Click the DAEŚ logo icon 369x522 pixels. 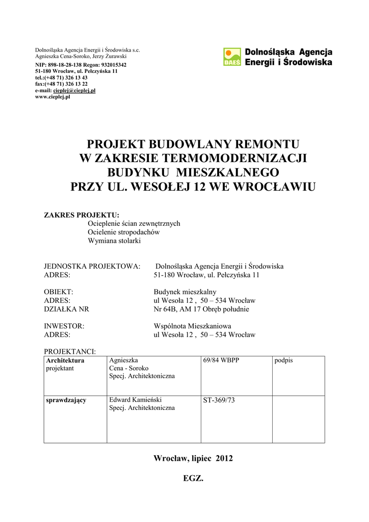[232, 57]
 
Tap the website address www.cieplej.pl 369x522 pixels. [52, 97]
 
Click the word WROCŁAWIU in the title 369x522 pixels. [271, 187]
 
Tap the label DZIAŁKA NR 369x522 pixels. [66, 309]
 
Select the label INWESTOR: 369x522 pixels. [64, 326]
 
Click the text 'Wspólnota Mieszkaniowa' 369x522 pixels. [193, 326]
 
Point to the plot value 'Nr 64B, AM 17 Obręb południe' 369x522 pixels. [201, 309]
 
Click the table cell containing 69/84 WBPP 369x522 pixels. [221, 360]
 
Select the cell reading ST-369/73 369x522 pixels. [219, 400]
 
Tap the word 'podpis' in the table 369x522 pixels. [283, 360]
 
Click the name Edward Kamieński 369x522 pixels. [135, 400]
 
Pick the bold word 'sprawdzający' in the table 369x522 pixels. [66, 400]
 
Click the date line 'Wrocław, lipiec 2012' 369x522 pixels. [193, 458]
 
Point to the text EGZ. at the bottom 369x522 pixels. [193, 479]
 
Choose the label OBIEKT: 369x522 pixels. [59, 292]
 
